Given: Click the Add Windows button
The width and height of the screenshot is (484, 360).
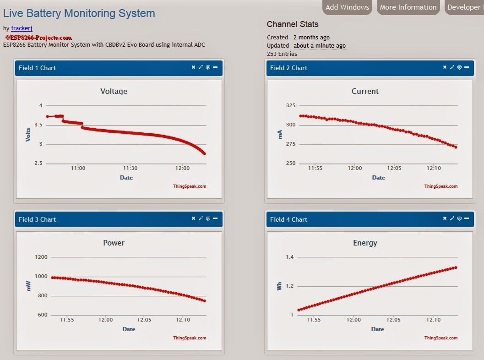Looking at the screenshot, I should [347, 7].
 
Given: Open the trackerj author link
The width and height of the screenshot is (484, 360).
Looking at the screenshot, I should [22, 28].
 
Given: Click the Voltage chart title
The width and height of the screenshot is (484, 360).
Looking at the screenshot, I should [114, 91].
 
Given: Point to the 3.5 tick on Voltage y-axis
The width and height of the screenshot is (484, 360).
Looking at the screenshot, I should [38, 125].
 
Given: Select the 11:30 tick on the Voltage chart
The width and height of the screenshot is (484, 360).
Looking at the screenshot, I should [130, 168].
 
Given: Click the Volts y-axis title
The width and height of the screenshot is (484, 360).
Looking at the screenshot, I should [28, 134].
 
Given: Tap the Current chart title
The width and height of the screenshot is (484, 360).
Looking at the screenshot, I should [365, 91].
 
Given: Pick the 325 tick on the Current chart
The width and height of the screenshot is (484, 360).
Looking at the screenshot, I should [291, 105].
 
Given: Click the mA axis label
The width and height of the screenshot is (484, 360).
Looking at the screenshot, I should [280, 134].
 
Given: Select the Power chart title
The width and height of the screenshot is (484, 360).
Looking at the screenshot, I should [114, 243].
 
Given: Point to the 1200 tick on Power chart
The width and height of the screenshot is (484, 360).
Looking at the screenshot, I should [41, 257].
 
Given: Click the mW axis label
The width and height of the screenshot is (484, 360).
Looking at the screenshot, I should [28, 286].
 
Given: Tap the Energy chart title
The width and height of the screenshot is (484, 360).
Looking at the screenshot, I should [365, 243].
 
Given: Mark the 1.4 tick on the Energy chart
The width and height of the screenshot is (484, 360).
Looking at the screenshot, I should [289, 257].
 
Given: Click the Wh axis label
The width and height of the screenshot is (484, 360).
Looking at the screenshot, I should [279, 286].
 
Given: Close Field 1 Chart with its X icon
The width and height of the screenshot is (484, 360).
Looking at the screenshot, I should [193, 67].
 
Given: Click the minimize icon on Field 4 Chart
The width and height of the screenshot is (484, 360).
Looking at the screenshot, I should [466, 219].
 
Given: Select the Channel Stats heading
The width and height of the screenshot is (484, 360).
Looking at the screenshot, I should [293, 24].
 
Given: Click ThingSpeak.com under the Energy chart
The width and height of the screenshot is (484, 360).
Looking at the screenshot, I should [440, 338].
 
